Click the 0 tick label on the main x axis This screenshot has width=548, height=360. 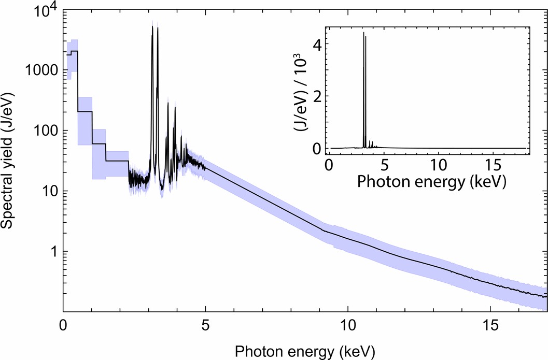point(63,328)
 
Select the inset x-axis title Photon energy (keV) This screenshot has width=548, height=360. point(428,182)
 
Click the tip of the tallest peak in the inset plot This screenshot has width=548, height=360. point(363,33)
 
